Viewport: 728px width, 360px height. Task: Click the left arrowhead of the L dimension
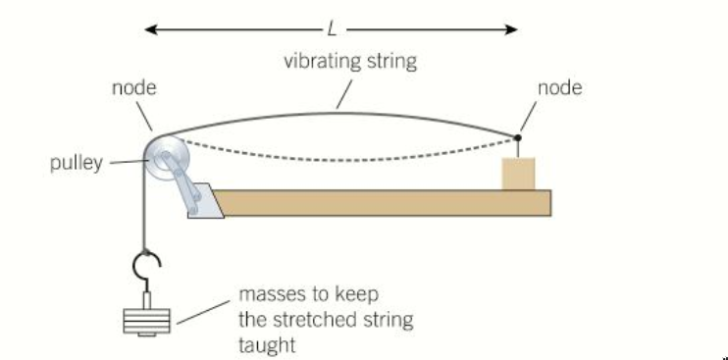(150, 29)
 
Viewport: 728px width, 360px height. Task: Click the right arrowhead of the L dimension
(512, 29)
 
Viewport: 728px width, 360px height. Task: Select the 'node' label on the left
(133, 88)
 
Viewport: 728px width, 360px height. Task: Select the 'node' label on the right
(559, 88)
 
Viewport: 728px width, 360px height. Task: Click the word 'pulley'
(77, 163)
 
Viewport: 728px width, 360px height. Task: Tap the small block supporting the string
(518, 173)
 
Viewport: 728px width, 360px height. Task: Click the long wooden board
(383, 201)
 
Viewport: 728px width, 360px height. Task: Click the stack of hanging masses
(143, 320)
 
